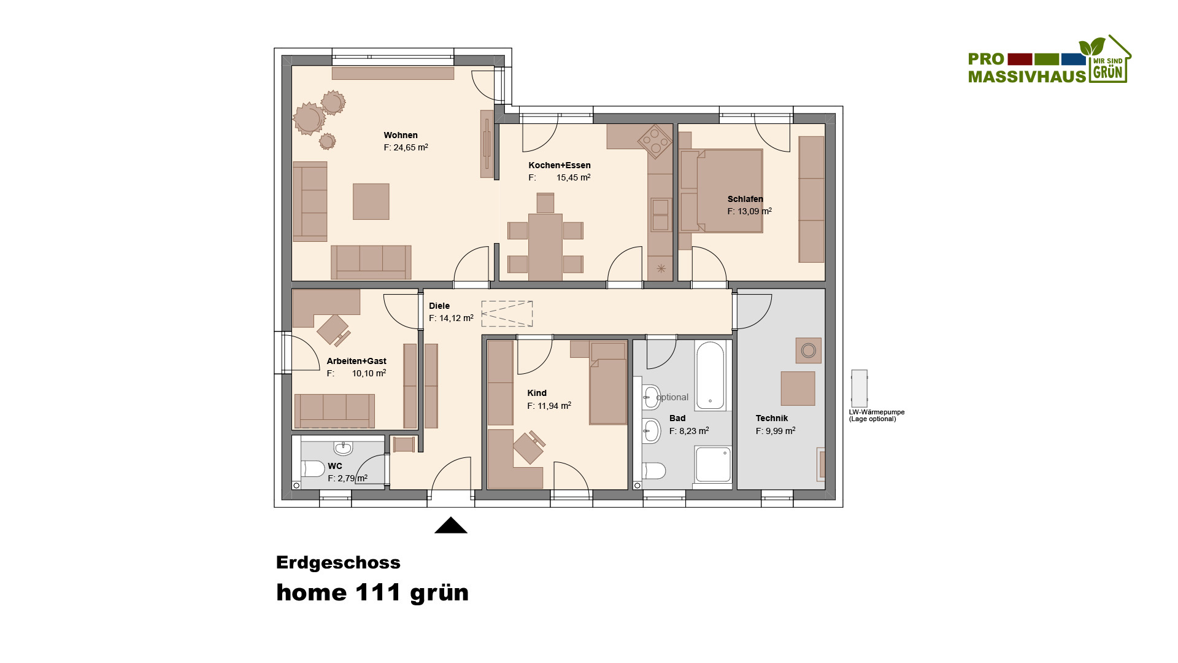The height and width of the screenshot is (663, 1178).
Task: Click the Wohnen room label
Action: coord(401,135)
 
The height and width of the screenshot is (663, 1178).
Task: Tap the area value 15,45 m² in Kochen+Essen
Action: coord(574,177)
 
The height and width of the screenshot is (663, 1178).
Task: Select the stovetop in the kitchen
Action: coord(655,141)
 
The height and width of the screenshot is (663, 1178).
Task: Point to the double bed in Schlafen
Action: coord(722,190)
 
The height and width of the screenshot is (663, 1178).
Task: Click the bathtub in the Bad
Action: coord(710,375)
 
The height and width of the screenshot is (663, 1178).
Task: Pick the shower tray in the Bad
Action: coord(713,464)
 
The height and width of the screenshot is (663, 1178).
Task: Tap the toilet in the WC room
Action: coord(313,469)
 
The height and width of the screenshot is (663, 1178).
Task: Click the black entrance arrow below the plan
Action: coord(451,525)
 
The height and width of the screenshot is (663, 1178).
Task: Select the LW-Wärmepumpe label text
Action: coord(877,416)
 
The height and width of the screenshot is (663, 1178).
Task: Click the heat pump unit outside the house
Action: coord(859,388)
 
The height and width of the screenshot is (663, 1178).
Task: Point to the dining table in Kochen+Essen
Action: coord(545,247)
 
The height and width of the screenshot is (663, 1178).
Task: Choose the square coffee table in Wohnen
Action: coord(371,201)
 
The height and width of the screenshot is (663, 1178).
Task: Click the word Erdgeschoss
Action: coord(338,562)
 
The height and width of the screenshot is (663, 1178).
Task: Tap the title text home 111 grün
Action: coord(372,592)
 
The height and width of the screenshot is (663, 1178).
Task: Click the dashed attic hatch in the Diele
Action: coord(507,314)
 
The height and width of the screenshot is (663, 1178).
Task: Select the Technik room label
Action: coord(772,418)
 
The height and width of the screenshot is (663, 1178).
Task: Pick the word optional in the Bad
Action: coord(672,397)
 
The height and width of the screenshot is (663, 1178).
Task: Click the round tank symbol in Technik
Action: coord(809,351)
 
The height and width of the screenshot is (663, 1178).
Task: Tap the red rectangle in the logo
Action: coord(1020,59)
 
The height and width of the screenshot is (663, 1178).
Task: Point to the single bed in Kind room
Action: coord(608,384)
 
